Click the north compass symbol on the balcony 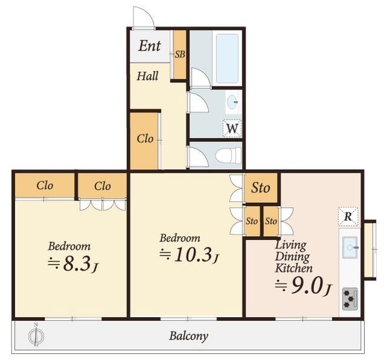[36, 335]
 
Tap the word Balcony [189, 336]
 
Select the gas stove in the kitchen [350, 299]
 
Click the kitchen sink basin [350, 247]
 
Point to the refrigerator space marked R [348, 216]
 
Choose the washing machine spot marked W [232, 128]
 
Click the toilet [228, 156]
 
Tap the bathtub [227, 59]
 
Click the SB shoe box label [180, 54]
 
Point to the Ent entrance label [149, 46]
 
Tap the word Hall [148, 76]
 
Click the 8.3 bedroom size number [77, 264]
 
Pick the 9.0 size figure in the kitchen [307, 286]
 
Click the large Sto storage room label [261, 188]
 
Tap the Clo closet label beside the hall [145, 138]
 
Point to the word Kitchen [294, 268]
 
